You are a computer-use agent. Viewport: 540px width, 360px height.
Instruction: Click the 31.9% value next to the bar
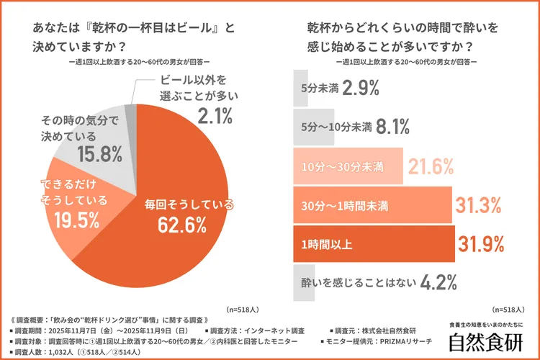480,245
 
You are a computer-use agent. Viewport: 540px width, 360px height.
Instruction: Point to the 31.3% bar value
478,206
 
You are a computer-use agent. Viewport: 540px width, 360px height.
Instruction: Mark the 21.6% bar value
431,167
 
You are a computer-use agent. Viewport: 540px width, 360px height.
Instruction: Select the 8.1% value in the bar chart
394,127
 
